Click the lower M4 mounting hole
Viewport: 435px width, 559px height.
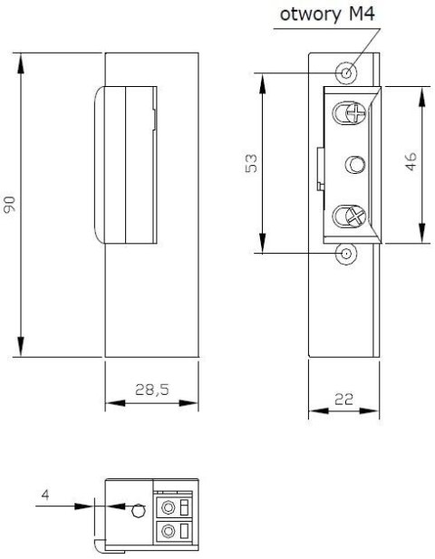346,254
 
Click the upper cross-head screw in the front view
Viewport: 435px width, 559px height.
347,113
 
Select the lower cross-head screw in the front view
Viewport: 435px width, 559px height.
347,217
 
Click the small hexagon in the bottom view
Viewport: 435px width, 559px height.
136,509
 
